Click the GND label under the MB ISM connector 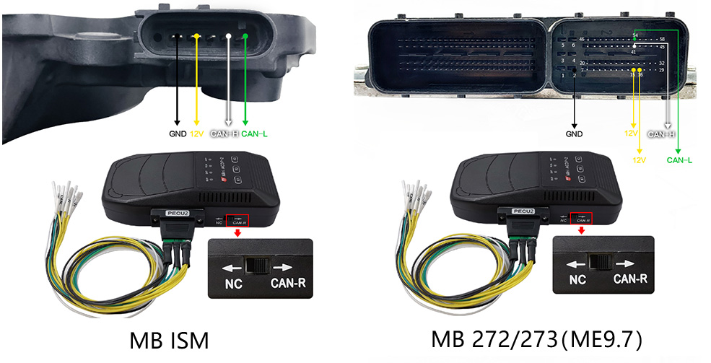coord(178,134)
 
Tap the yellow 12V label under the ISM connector coord(198,134)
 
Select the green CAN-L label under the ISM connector coord(254,134)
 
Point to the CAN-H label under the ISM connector coord(224,134)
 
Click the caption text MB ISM coord(170,340)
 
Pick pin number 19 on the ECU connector coord(661,70)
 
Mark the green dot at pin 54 coord(634,39)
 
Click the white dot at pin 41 coord(634,46)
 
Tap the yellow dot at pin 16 coord(640,69)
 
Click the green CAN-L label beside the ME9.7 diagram coord(679,160)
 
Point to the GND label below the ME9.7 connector coord(574,134)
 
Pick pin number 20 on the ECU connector coord(582,64)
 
